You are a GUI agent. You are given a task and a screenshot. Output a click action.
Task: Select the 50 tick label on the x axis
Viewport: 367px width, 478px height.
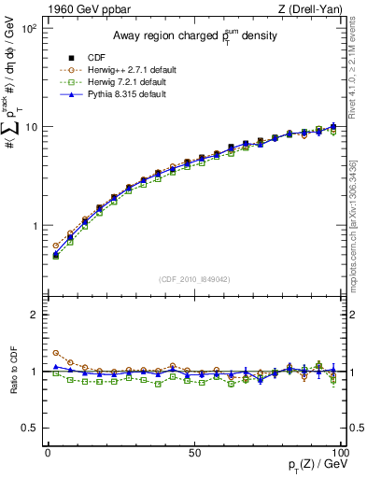[193, 450]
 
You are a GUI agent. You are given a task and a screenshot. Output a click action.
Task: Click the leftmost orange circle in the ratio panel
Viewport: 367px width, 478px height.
[55, 354]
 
